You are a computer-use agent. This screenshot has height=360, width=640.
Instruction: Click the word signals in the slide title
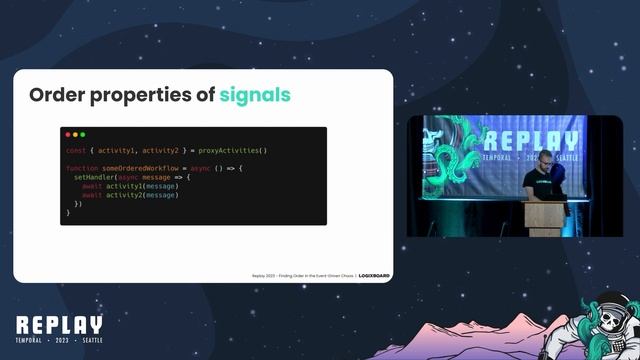click(x=255, y=95)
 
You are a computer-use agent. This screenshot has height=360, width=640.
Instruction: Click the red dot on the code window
click(x=68, y=134)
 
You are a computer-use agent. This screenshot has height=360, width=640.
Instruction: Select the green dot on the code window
click(x=82, y=134)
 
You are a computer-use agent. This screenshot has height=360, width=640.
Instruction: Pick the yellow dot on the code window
click(x=75, y=134)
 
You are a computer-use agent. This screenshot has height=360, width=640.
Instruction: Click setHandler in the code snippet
click(x=95, y=177)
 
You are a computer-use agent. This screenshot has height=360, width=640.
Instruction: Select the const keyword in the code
click(x=75, y=150)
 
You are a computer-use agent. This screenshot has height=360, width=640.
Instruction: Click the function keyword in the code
click(x=82, y=168)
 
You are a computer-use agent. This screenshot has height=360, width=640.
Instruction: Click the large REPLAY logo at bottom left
click(x=59, y=326)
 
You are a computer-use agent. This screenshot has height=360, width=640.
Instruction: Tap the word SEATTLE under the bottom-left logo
click(x=86, y=342)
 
